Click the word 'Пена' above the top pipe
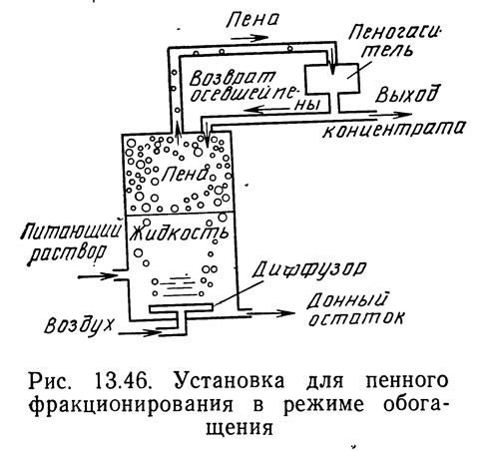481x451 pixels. point(252,20)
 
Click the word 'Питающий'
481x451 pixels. point(70,230)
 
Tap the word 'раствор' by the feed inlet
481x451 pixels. point(68,254)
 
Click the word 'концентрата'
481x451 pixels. point(392,130)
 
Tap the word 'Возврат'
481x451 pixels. point(232,79)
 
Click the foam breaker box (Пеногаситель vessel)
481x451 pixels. point(332,78)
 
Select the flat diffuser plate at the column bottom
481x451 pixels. point(181,308)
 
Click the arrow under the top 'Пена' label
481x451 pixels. point(249,38)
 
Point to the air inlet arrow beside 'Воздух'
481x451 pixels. point(139,332)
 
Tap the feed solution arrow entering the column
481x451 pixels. point(98,275)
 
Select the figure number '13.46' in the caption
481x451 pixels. point(122,381)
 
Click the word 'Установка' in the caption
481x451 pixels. point(229,381)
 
